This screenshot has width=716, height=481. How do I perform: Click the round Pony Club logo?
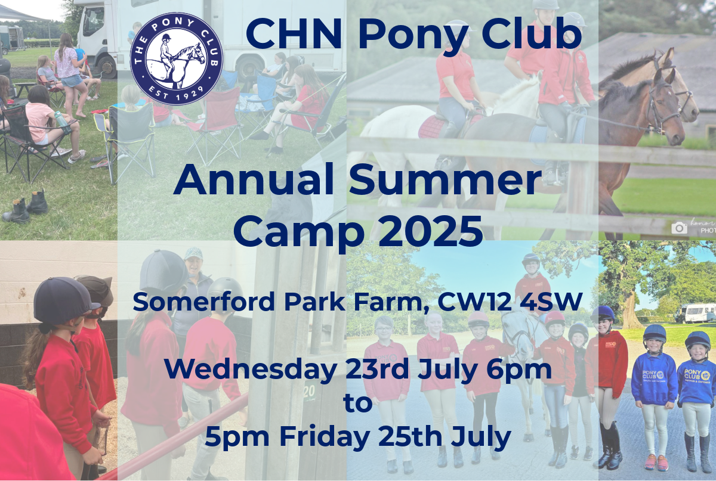177,59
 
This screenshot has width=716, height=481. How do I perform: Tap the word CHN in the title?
294,34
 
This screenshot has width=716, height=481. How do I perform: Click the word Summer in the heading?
445,179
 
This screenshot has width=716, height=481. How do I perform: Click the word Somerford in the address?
204,301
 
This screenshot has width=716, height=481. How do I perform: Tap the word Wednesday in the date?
250,369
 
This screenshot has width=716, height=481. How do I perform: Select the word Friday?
325,437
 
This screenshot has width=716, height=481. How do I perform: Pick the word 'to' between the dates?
358,403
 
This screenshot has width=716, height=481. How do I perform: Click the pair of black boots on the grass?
25,206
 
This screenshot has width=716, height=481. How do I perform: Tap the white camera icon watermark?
679,228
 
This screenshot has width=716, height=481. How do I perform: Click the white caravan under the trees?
695,313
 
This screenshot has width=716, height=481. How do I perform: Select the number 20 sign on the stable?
308,393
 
